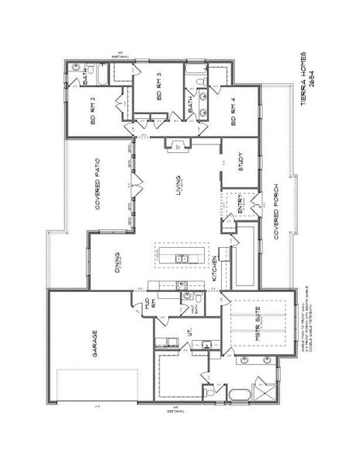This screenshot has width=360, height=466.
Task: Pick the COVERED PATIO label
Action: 99,186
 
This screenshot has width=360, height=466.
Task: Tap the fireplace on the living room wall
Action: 178,144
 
